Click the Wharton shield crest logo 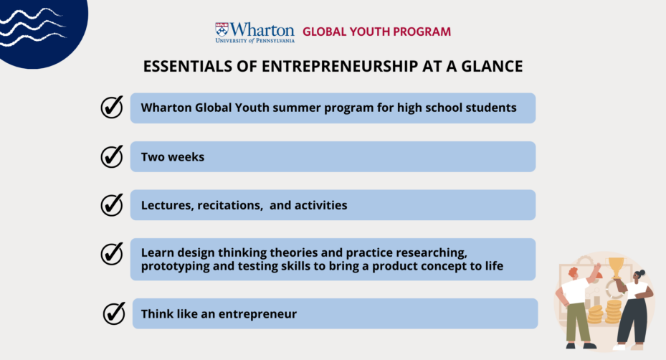click(222, 29)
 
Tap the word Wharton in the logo click(262, 29)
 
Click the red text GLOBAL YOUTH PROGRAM click(377, 32)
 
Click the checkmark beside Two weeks click(112, 156)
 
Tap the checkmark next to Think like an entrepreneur click(114, 313)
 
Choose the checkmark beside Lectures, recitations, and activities click(112, 204)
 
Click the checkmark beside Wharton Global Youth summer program click(112, 107)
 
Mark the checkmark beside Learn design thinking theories click(112, 253)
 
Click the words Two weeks click(173, 157)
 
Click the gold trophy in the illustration click(616, 267)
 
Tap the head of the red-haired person click(574, 273)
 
